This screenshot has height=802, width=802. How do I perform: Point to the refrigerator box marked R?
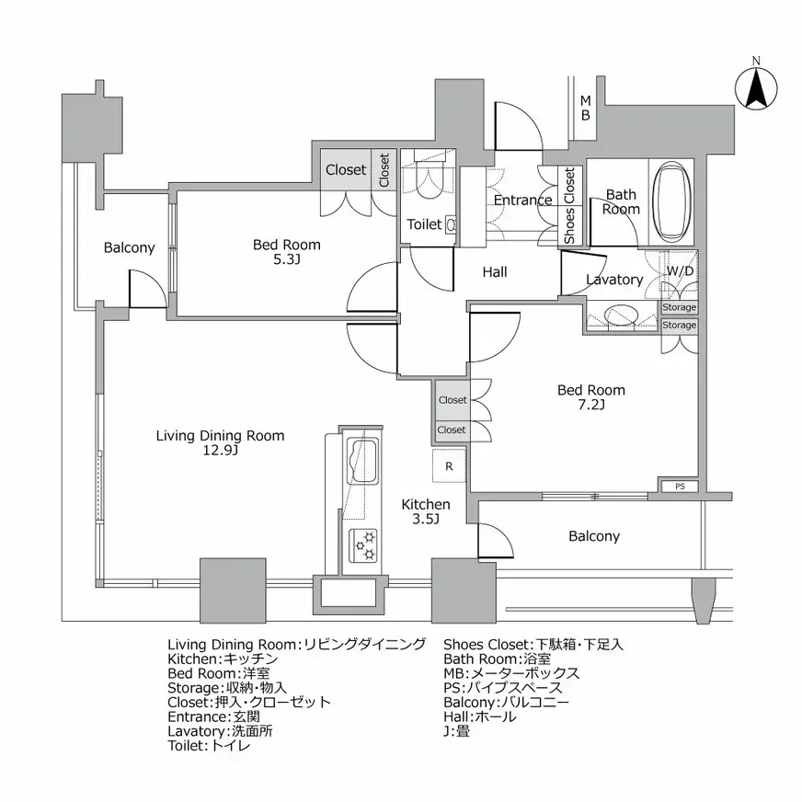pyautogui.click(x=449, y=466)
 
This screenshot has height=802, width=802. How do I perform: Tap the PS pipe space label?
pyautogui.click(x=680, y=487)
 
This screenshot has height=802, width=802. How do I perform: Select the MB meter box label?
pyautogui.click(x=584, y=108)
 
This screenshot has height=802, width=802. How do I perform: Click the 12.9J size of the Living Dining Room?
pyautogui.click(x=220, y=451)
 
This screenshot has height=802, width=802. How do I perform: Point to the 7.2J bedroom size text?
pyautogui.click(x=591, y=405)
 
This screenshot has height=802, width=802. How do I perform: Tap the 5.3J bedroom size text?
pyautogui.click(x=287, y=260)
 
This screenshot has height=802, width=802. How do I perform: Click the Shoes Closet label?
pyautogui.click(x=569, y=206)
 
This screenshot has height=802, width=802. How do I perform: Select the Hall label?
pyautogui.click(x=495, y=272)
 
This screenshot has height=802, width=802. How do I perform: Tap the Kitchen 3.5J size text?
pyautogui.click(x=425, y=520)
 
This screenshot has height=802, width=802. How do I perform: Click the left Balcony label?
pyautogui.click(x=129, y=247)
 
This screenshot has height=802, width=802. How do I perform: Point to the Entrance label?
pyautogui.click(x=522, y=200)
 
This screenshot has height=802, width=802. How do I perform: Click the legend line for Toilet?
pyautogui.click(x=209, y=746)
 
